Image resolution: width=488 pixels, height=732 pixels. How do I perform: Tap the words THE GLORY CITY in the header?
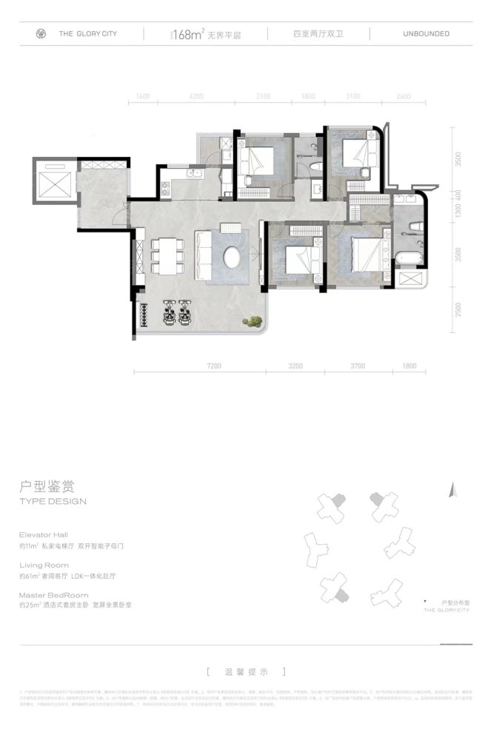[x=87, y=34]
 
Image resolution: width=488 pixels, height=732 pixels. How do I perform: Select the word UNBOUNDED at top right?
[x=426, y=34]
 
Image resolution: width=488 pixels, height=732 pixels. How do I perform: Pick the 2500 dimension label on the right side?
[x=459, y=310]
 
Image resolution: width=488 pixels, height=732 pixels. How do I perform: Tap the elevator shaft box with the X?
[x=53, y=179]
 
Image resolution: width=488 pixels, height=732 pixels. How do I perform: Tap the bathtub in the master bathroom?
[x=410, y=258]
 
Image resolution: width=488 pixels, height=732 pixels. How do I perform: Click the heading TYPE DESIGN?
[x=53, y=501]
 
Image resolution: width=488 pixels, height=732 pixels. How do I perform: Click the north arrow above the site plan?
[x=451, y=490]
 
